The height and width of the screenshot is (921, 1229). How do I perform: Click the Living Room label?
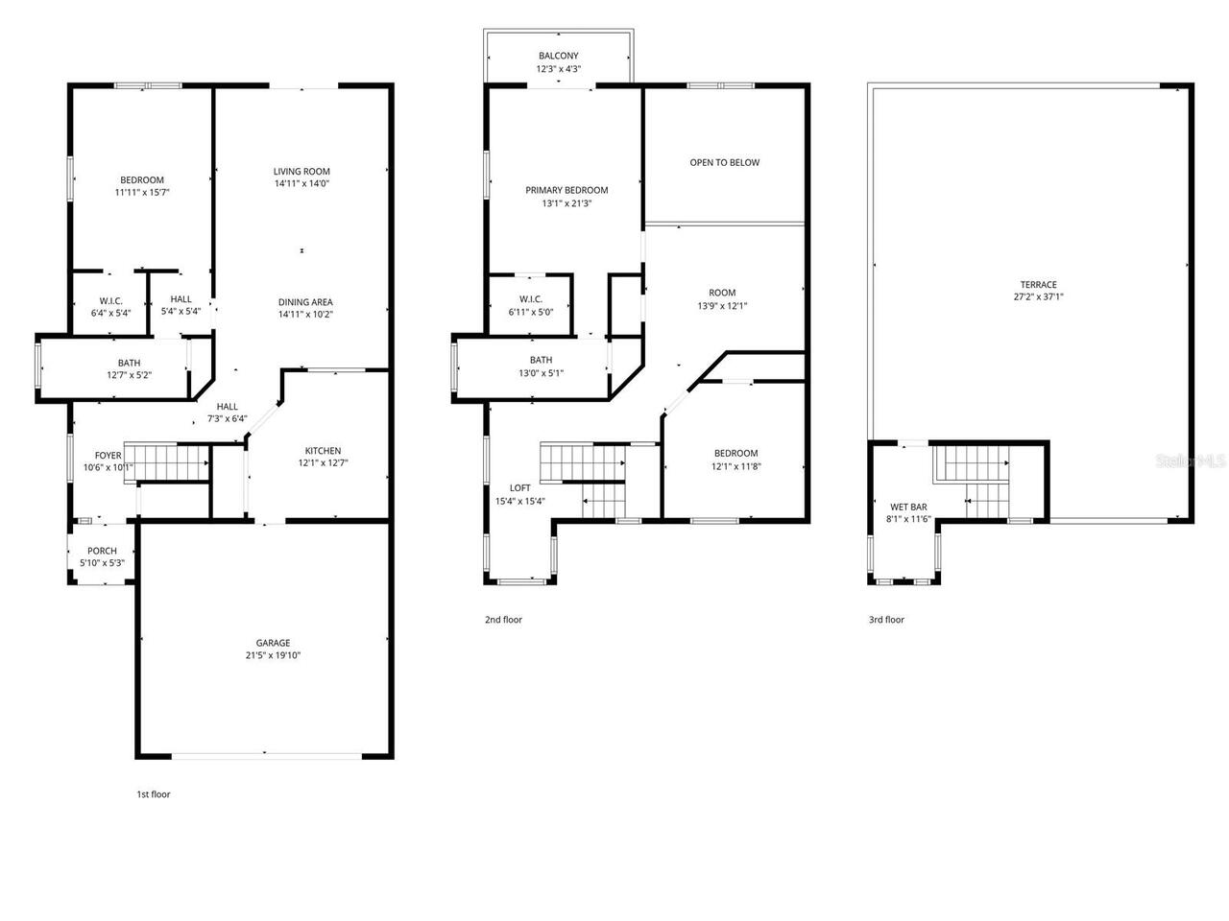coord(301,172)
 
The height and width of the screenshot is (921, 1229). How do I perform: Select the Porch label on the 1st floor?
coord(102,551)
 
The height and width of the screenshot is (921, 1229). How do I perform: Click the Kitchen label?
coord(323,451)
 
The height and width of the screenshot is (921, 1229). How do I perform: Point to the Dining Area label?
coord(305,302)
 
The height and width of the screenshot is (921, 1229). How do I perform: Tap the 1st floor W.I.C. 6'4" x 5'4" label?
coord(110,300)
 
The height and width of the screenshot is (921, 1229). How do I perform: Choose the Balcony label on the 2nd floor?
coord(558,57)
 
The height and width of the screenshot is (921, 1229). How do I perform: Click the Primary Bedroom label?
coord(566,190)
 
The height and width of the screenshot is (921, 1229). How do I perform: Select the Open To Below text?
coord(724,163)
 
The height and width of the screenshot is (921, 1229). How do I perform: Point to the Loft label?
coord(519,487)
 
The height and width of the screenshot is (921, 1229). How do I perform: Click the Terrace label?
coord(1038,285)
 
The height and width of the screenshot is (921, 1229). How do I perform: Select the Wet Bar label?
coord(907,507)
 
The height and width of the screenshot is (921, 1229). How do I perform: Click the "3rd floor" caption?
coord(886,620)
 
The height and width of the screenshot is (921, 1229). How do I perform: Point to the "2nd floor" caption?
coord(503,620)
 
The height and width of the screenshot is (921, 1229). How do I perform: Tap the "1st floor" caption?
coord(153,794)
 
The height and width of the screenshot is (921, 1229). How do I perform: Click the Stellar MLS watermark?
coord(1191,461)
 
